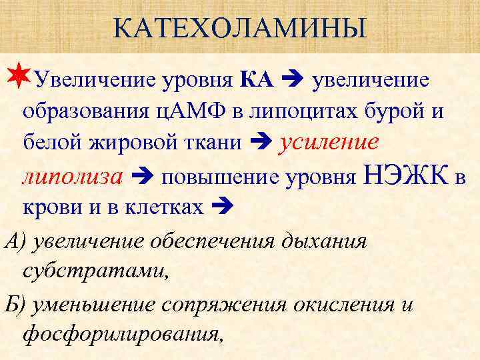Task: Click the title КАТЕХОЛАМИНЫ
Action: [239, 29]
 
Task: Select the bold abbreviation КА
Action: [256, 81]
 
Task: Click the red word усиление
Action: [330, 141]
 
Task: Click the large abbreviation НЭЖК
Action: [407, 175]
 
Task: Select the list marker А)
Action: [15, 240]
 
